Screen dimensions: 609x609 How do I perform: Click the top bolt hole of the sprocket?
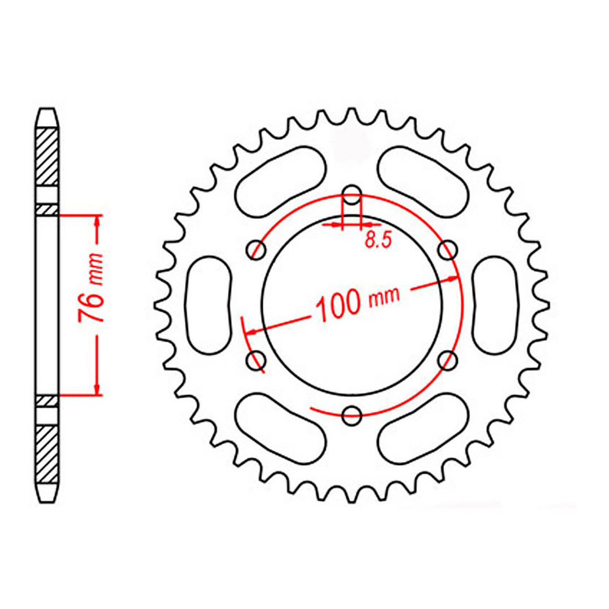coord(352,196)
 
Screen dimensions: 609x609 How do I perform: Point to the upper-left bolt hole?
coord(257,250)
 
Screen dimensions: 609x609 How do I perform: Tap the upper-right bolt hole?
coord(448,250)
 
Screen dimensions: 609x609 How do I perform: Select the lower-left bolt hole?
coord(257,360)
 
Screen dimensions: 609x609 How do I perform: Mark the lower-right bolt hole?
coord(448,360)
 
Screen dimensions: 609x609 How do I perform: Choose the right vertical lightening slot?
coord(496,305)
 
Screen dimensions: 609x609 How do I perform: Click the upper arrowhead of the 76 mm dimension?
coord(98,221)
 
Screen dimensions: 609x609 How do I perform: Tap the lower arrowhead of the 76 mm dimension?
coord(98,389)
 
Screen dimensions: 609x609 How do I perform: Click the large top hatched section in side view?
coord(47,157)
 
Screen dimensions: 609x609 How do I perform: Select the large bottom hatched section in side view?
coord(47,453)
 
